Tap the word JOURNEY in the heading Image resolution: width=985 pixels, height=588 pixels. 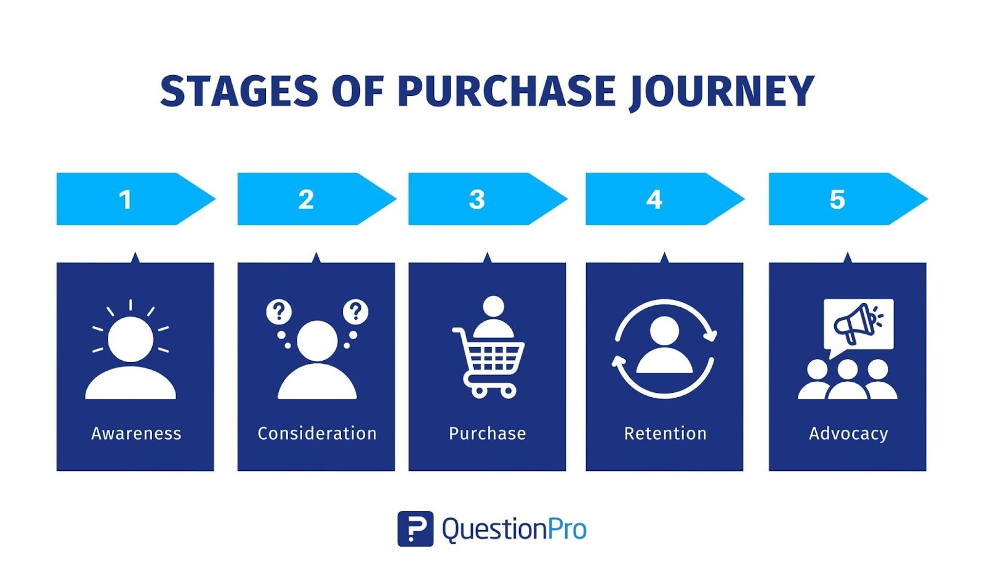[722, 92]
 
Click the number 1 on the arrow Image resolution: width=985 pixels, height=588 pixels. [126, 199]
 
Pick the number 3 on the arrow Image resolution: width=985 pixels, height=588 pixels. [477, 199]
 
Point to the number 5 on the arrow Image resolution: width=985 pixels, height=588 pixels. [837, 199]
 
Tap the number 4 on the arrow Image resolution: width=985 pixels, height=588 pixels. [654, 199]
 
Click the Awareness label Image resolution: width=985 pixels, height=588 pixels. [136, 433]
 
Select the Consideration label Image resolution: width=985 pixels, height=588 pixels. [317, 433]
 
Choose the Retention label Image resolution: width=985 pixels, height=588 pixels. [665, 433]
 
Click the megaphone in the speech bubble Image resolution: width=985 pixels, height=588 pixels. [858, 323]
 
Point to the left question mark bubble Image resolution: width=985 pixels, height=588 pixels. [279, 312]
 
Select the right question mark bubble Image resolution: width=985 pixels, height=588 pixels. [356, 312]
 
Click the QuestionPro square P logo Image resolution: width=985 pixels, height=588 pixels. [415, 529]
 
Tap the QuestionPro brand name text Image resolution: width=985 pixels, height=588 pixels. [514, 530]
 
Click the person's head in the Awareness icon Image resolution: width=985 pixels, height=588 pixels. [131, 339]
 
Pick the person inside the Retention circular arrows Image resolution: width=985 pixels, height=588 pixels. [664, 345]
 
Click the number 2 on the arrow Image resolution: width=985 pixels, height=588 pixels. [306, 199]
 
